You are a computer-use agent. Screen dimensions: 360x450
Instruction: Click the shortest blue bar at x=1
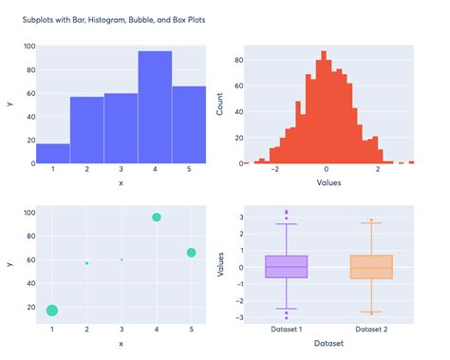(52, 154)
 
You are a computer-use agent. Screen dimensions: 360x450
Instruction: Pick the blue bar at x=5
(190, 124)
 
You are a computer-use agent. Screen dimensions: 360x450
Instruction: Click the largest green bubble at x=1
(52, 311)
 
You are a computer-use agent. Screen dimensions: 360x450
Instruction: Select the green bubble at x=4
(157, 218)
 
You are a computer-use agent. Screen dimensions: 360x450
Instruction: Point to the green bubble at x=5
(191, 253)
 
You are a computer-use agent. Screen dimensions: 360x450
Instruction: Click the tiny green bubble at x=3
(122, 259)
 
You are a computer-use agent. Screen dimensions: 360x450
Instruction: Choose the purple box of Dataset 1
(286, 267)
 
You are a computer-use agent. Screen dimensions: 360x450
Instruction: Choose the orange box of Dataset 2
(371, 267)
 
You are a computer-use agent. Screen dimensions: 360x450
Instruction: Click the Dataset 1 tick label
(286, 330)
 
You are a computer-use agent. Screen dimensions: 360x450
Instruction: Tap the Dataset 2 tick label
(371, 330)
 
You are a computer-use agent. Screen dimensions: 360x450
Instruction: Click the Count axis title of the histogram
(220, 104)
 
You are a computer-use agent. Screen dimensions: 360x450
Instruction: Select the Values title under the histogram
(328, 182)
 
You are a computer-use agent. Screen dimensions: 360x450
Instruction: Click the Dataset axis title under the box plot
(328, 344)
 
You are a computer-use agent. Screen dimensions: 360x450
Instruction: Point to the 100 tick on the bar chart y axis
(28, 46)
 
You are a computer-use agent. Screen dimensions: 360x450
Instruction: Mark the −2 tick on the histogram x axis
(274, 171)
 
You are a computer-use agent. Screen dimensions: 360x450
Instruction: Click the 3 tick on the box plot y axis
(243, 218)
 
